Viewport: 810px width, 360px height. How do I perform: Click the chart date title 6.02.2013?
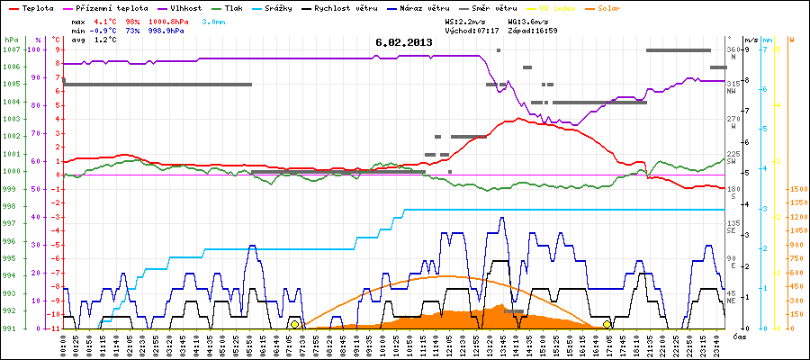click(403, 41)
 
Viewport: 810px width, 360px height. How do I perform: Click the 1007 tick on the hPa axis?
click(11, 49)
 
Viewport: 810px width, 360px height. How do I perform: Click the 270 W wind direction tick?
click(733, 119)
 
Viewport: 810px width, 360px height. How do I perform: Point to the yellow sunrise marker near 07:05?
click(295, 324)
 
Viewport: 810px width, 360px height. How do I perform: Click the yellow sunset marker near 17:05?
click(607, 324)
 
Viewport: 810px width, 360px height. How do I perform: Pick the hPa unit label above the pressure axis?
click(11, 40)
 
